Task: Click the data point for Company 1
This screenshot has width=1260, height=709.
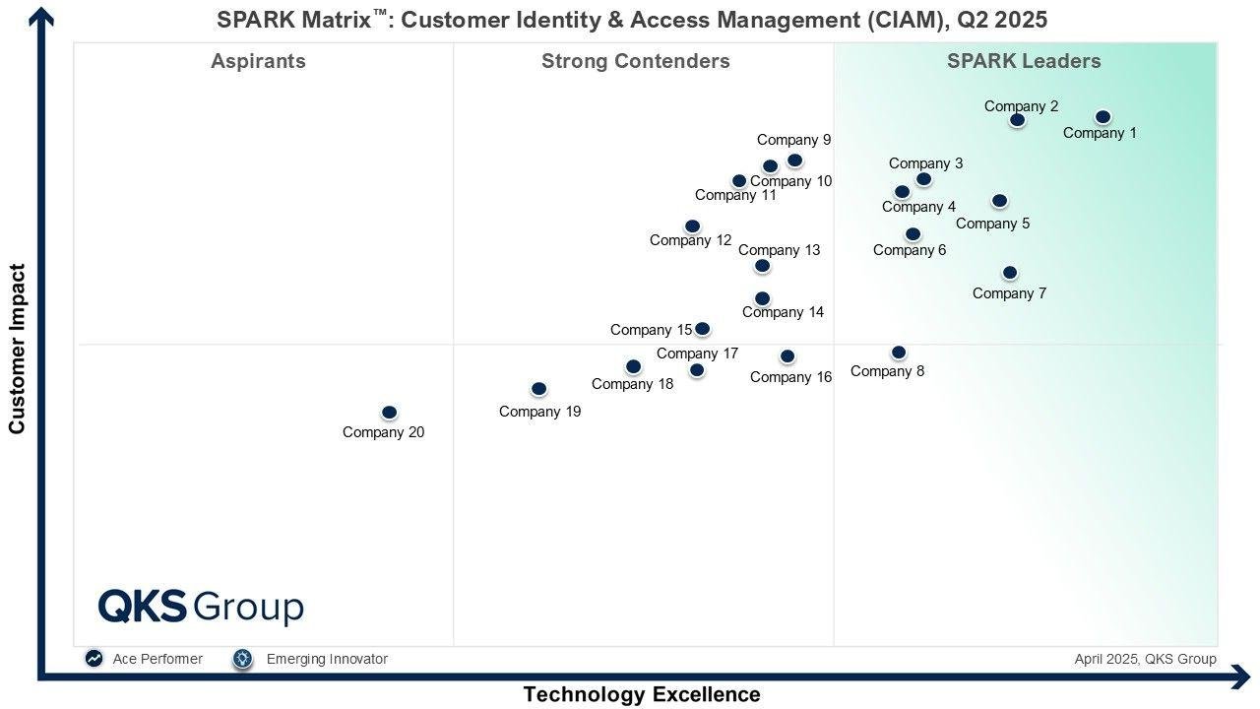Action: click(1102, 117)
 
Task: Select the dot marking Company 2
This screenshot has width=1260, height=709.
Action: click(1017, 120)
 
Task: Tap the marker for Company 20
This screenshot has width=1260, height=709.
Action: click(389, 413)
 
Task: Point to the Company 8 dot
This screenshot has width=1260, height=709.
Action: click(898, 353)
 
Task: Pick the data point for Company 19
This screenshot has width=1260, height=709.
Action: click(538, 389)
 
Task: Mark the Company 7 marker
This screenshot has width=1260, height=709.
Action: click(1009, 273)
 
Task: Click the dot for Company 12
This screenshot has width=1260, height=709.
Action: click(692, 226)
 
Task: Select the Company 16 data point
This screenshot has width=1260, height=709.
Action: click(787, 356)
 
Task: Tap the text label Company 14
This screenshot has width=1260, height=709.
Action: click(783, 312)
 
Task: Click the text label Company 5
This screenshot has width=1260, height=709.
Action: click(992, 224)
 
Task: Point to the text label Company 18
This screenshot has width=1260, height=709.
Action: click(632, 384)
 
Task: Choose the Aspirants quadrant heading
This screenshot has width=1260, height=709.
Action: click(258, 61)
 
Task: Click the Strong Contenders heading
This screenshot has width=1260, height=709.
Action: click(635, 61)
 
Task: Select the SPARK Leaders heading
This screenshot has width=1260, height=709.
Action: click(1024, 61)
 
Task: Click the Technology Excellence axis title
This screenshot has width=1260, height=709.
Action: click(641, 694)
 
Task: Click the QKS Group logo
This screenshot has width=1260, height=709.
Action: click(201, 607)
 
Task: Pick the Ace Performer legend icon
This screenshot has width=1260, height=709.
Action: click(94, 659)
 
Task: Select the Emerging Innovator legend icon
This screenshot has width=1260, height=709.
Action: click(243, 659)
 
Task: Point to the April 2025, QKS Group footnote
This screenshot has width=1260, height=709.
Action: click(1145, 659)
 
